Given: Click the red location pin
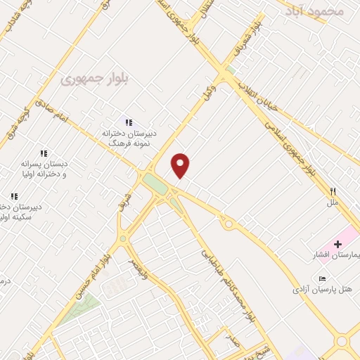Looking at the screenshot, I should tap(181, 165).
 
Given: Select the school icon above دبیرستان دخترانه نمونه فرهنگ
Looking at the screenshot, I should tap(128, 123).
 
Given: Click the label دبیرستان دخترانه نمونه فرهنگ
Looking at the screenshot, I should tap(128, 137).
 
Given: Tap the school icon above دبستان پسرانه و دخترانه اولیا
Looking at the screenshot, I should tap(44, 153).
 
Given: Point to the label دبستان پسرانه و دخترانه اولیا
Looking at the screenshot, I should tap(44, 169).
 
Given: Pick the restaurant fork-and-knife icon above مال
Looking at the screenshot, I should tap(333, 191).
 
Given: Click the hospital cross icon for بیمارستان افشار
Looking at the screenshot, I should tap(338, 243).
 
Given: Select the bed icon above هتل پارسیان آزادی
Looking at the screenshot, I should tap(322, 278).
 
